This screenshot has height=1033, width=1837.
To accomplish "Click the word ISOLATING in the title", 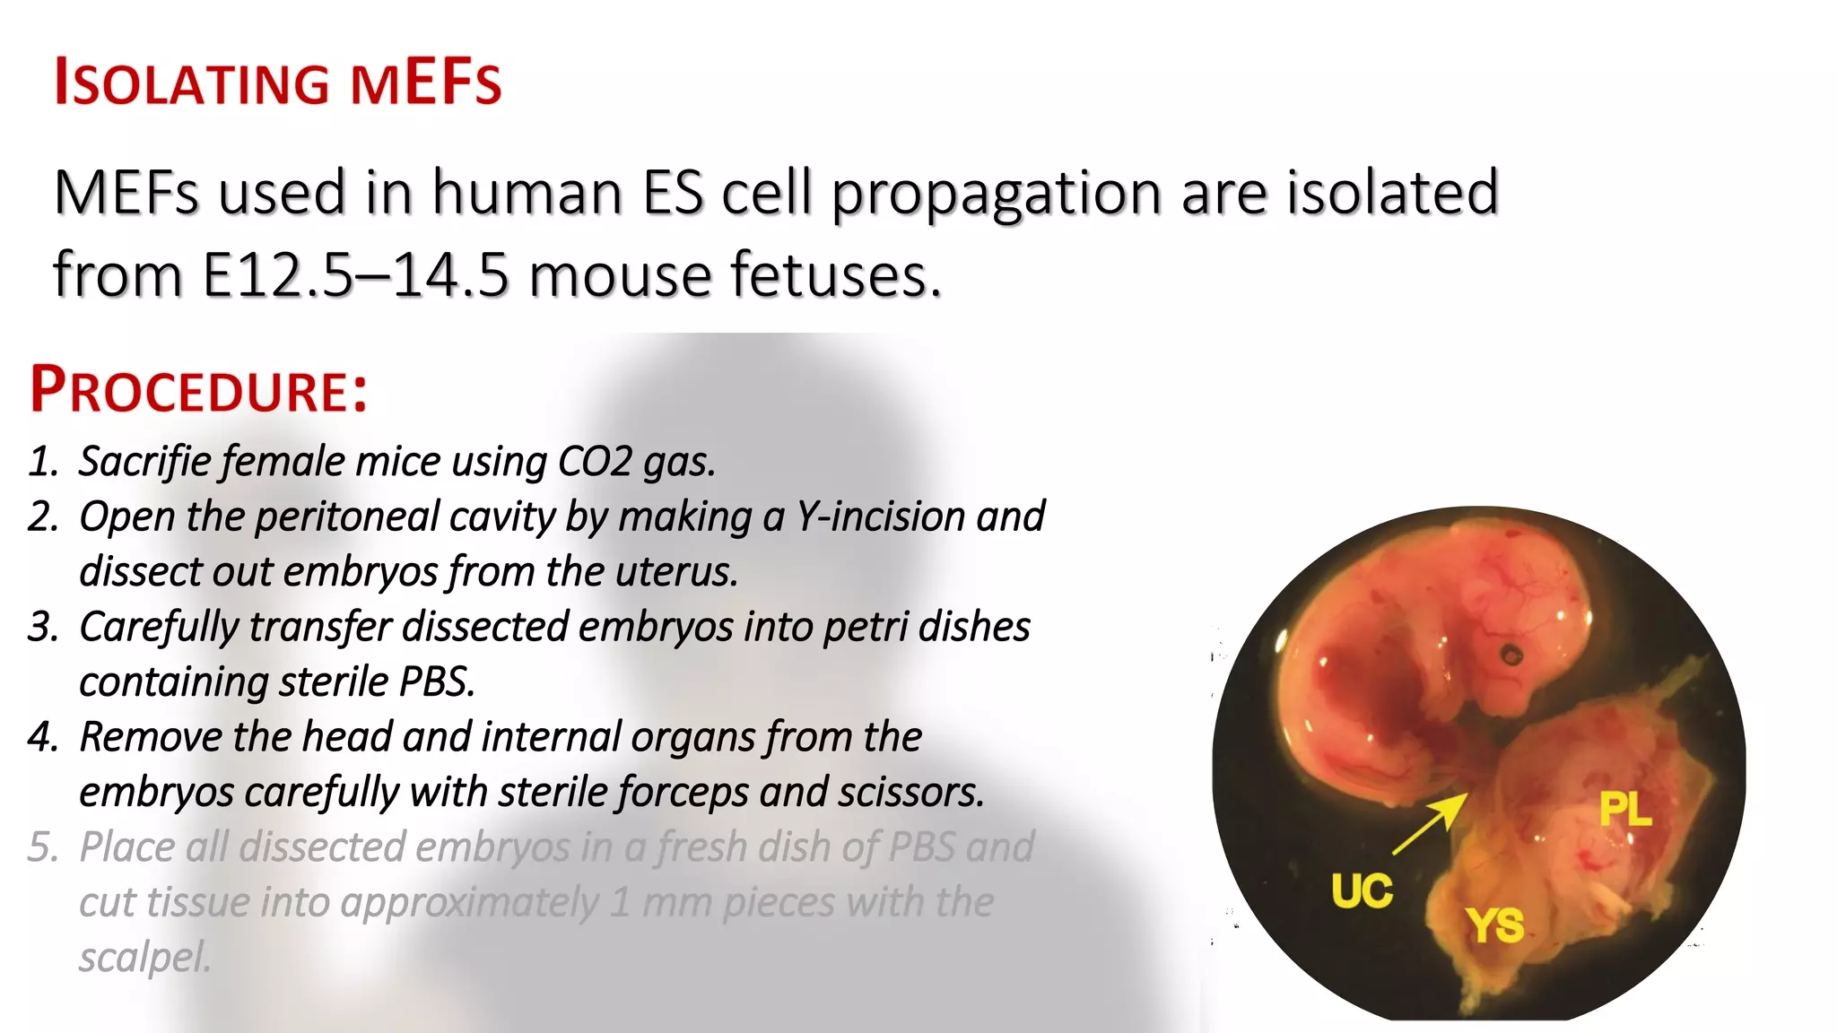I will (x=192, y=83).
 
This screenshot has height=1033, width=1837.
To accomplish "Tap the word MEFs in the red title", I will (x=425, y=83).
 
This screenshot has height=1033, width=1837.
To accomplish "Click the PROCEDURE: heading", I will (x=198, y=390).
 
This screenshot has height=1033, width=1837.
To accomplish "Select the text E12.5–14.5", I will (x=356, y=274).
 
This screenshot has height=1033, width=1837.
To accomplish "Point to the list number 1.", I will (x=42, y=462).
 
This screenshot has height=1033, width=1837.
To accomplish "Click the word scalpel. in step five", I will (x=144, y=958).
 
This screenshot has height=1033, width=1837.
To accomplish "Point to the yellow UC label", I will (x=1362, y=891).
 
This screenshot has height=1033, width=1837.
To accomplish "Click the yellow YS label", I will (x=1494, y=925).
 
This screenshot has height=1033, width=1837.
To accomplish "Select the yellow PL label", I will (x=1624, y=810).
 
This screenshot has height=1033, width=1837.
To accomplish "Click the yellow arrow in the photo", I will (x=1430, y=823).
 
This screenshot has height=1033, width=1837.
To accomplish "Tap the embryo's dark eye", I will (x=1512, y=655).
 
